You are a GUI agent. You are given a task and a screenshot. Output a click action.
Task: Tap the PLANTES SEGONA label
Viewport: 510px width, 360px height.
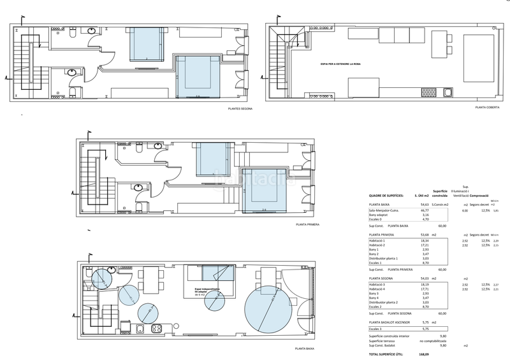(x=240, y=109)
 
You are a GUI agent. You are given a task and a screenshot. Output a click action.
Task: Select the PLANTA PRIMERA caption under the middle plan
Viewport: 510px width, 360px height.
(x=307, y=225)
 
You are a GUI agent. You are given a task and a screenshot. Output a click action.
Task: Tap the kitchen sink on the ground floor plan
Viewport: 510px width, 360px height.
(x=139, y=329)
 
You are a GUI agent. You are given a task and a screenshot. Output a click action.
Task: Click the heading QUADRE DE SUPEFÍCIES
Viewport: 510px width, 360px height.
(x=388, y=195)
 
